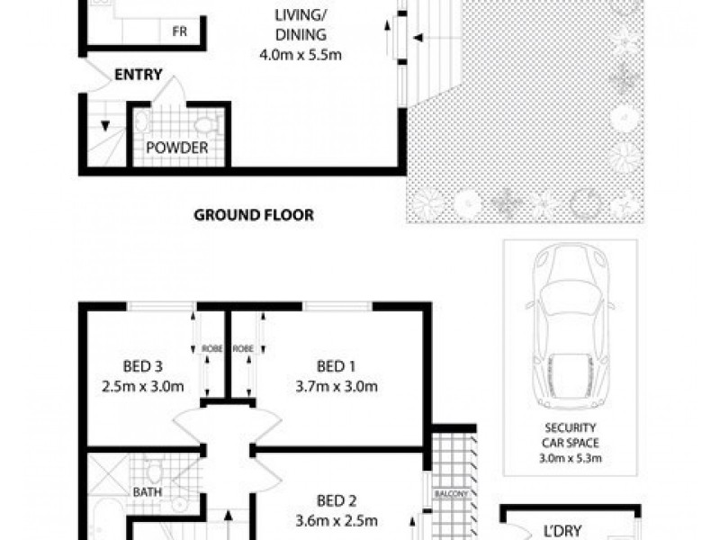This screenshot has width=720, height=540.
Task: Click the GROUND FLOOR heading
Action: (x=255, y=215)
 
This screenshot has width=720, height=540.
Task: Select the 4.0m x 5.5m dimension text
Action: (x=300, y=55)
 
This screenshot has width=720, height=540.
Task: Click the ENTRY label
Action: (x=138, y=76)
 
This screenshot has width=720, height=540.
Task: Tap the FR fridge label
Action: (x=179, y=31)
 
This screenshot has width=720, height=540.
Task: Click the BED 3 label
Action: (x=143, y=366)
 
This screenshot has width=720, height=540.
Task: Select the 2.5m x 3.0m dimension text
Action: (x=143, y=388)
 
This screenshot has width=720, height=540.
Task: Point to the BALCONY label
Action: (x=448, y=493)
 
